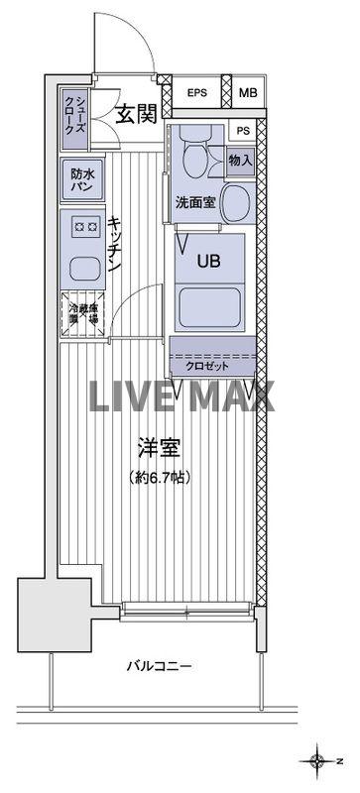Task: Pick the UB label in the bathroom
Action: [x=207, y=262]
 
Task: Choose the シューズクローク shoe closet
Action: [x=77, y=113]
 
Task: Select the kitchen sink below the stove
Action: [x=81, y=267]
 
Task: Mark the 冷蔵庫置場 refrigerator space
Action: [x=82, y=315]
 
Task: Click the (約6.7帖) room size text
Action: [x=160, y=477]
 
